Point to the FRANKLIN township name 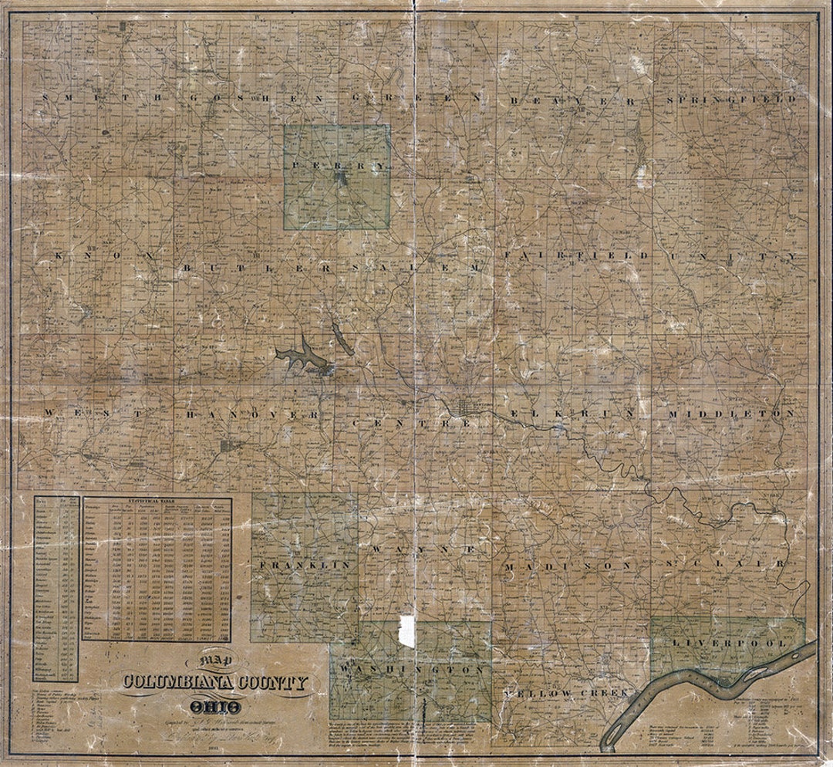coord(305,566)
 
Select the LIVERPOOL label coord(729,643)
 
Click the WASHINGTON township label coord(410,671)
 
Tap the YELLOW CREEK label coord(567,694)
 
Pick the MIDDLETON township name coord(731,414)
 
